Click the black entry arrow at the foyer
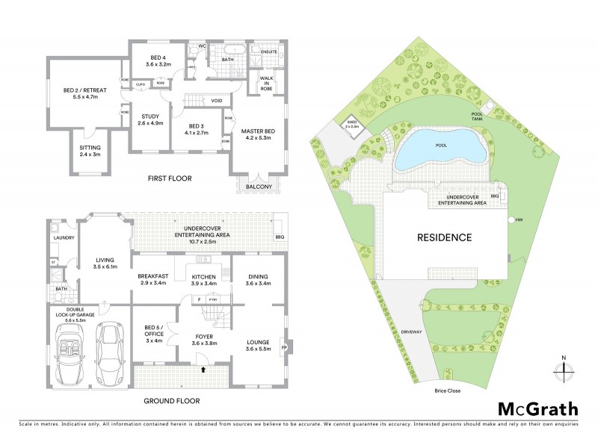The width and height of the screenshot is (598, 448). pos(203,368)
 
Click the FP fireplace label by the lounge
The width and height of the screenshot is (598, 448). pos(283,348)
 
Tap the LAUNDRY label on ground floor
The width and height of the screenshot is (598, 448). pos(61,239)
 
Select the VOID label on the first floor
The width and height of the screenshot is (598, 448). pos(217,100)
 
